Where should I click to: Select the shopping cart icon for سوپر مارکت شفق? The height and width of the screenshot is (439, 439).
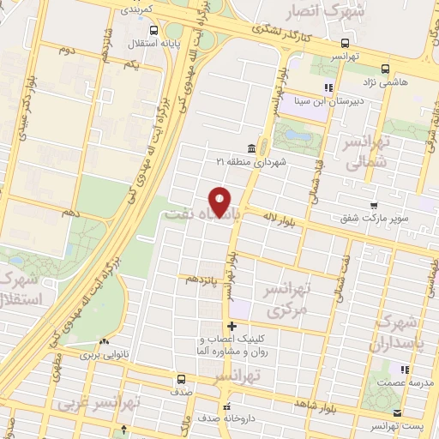(x=374, y=205)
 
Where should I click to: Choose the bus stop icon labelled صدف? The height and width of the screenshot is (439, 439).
(x=180, y=378)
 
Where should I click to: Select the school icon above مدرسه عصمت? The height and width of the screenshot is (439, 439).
(x=395, y=370)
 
